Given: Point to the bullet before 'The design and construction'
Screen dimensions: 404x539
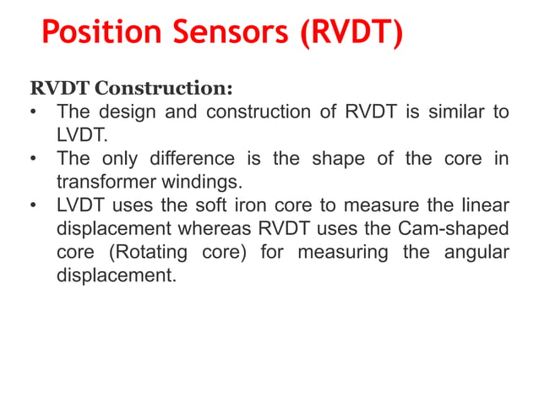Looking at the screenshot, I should [33, 112].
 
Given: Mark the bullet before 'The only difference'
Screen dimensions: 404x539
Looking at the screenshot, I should [33, 159].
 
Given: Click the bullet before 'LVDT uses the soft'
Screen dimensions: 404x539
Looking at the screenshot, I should [33, 205].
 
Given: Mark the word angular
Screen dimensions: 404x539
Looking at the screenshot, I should [478, 253].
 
